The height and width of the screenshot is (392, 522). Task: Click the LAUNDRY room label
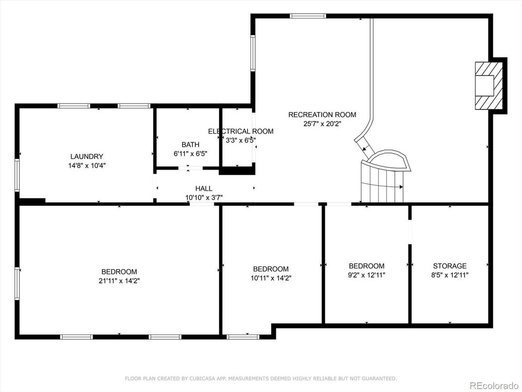87,157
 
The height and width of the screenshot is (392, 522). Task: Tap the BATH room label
190,145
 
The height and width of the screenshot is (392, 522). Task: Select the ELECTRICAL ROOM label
241,131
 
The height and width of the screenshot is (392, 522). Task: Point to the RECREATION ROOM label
322,115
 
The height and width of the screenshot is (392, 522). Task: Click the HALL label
204,189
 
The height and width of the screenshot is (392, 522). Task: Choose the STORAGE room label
450,266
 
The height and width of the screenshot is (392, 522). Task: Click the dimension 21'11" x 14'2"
119,281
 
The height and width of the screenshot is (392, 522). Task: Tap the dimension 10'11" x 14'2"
271,278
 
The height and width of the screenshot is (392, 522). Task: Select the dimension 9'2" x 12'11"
367,275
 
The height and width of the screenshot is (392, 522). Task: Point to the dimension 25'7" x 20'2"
322,124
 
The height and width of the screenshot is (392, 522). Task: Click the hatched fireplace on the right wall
489,86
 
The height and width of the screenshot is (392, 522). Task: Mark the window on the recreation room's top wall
308,16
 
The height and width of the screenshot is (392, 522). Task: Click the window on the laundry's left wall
17,175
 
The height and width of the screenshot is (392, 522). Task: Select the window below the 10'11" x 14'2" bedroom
243,337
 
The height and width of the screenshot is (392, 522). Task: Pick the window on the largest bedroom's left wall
17,284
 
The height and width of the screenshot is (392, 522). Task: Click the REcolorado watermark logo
494,386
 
